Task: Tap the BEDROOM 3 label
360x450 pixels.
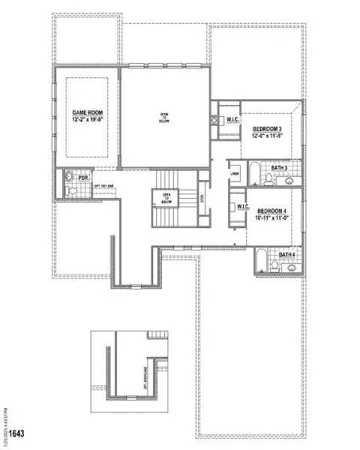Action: [x=268, y=129]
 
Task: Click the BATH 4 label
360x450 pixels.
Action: [x=287, y=255]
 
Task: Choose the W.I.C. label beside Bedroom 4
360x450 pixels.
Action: [x=242, y=207]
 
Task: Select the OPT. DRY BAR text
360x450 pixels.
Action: [x=103, y=185]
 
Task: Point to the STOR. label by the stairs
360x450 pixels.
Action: [x=201, y=199]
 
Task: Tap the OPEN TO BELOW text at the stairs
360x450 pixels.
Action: [x=166, y=199]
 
